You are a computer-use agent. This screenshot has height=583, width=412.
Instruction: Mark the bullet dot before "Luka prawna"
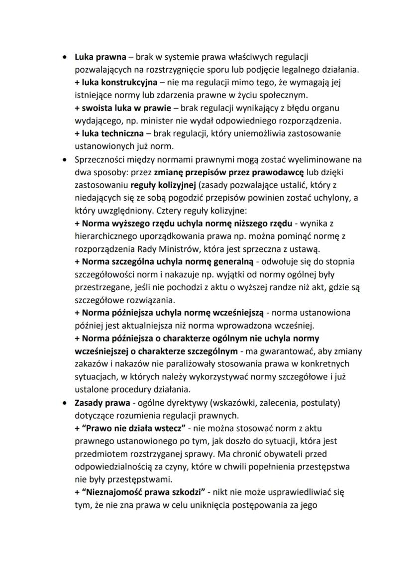click(64, 57)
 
